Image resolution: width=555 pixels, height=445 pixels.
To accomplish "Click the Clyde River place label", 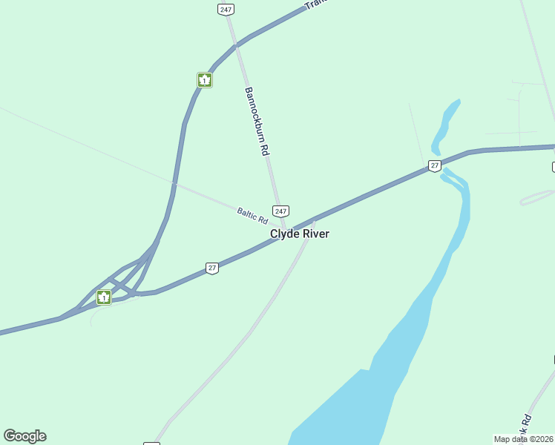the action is point(299,234).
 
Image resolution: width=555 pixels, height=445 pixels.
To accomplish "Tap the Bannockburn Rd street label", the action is point(256,120).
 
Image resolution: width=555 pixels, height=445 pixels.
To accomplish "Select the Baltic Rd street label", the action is point(252,215).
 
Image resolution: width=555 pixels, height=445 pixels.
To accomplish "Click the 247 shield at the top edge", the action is point(226,9).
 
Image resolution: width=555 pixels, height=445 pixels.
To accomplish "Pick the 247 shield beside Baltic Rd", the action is point(280,211).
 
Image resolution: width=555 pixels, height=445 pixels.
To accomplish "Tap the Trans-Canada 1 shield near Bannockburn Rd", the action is point(205,79).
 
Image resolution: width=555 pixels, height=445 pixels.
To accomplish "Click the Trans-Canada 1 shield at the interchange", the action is point(104,297).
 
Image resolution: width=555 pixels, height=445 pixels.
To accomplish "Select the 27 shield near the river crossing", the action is point(435,165).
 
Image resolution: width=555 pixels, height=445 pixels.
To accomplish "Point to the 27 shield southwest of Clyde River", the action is point(212,268).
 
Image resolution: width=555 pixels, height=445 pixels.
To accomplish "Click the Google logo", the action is point(24,436).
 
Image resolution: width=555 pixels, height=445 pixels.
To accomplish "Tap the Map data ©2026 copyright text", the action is point(523,439).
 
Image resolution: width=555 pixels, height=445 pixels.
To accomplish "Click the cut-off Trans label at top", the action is point(316,6).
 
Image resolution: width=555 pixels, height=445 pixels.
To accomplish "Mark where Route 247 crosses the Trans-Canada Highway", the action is point(236,45).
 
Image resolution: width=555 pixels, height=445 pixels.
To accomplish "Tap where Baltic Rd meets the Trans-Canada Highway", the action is point(174,182).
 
